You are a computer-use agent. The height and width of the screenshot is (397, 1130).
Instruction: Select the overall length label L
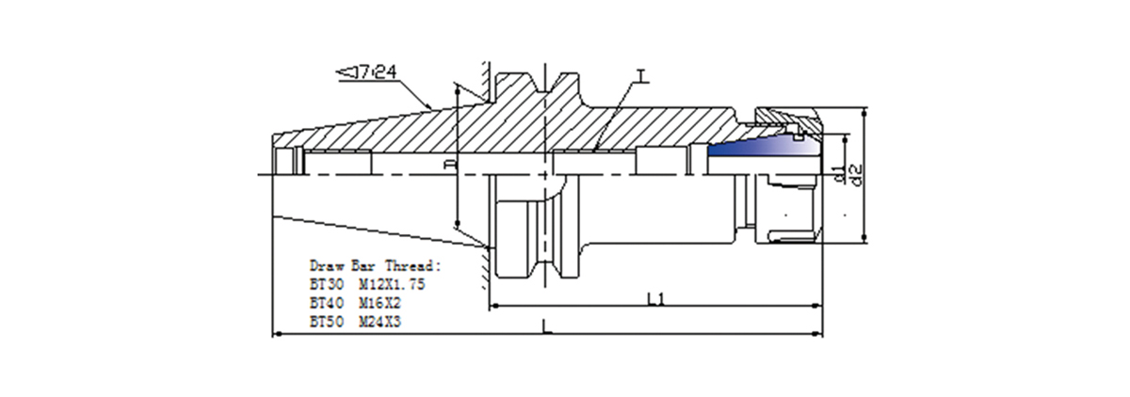547,326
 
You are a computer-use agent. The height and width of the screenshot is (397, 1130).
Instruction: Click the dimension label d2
856,173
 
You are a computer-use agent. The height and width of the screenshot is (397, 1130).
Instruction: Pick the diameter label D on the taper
449,166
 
